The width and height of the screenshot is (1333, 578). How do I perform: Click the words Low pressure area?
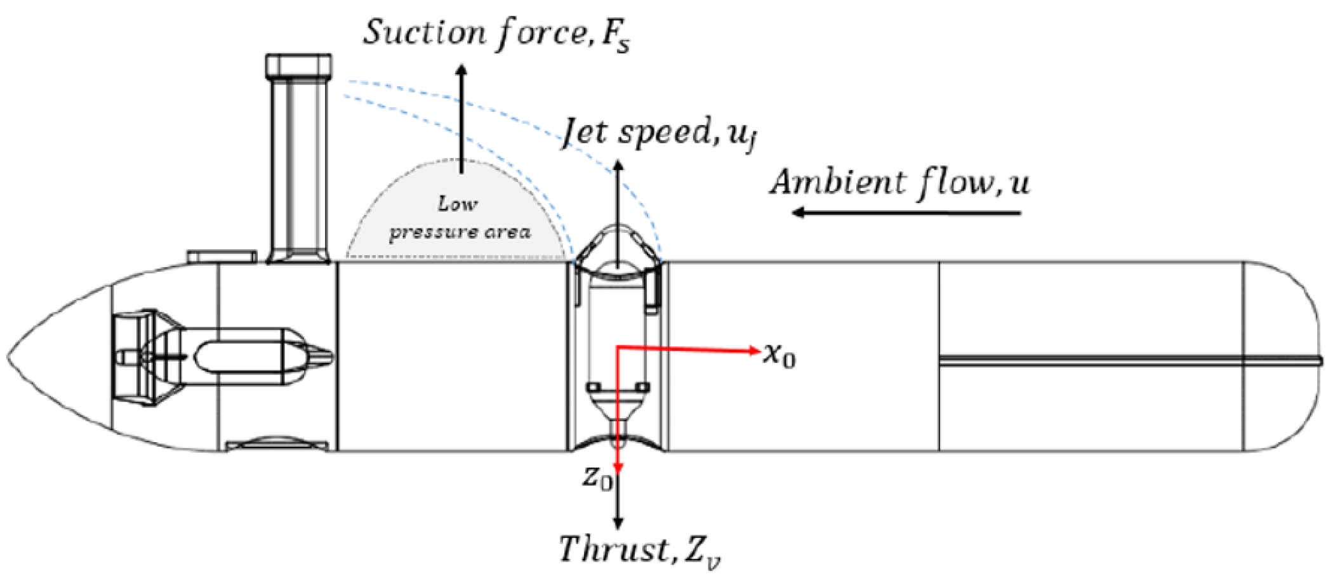[458, 219]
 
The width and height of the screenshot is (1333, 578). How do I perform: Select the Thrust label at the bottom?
[638, 549]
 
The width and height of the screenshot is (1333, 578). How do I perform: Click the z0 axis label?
[597, 477]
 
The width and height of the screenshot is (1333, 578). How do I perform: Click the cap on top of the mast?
[298, 65]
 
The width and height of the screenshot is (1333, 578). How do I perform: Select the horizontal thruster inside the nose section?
[222, 355]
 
